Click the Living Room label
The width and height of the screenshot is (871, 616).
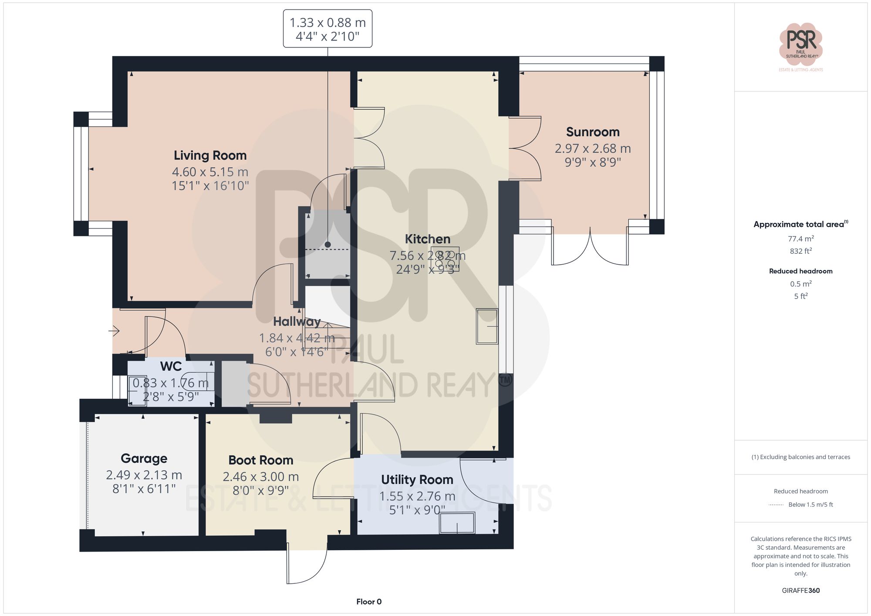210,155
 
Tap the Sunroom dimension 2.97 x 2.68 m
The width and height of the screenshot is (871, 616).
592,148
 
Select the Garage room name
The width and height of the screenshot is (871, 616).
144,458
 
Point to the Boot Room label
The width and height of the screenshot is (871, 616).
260,460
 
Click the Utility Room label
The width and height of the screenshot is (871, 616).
417,480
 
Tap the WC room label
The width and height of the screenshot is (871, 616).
171,367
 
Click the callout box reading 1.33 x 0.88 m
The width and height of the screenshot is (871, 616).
327,29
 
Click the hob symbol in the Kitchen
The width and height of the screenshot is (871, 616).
445,259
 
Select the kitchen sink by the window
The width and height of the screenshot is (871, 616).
486,327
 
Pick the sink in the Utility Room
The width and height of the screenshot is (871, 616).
457,523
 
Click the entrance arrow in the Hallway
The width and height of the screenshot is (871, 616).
114,331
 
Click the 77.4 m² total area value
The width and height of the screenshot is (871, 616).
800,239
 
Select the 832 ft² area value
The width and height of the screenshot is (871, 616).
800,251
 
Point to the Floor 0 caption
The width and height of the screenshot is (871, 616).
368,602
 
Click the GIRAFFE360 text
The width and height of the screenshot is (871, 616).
800,591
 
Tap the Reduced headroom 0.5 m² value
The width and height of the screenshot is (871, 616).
800,284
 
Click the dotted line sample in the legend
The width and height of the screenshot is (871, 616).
776,505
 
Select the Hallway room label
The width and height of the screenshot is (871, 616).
297,322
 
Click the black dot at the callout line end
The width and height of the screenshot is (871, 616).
327,245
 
